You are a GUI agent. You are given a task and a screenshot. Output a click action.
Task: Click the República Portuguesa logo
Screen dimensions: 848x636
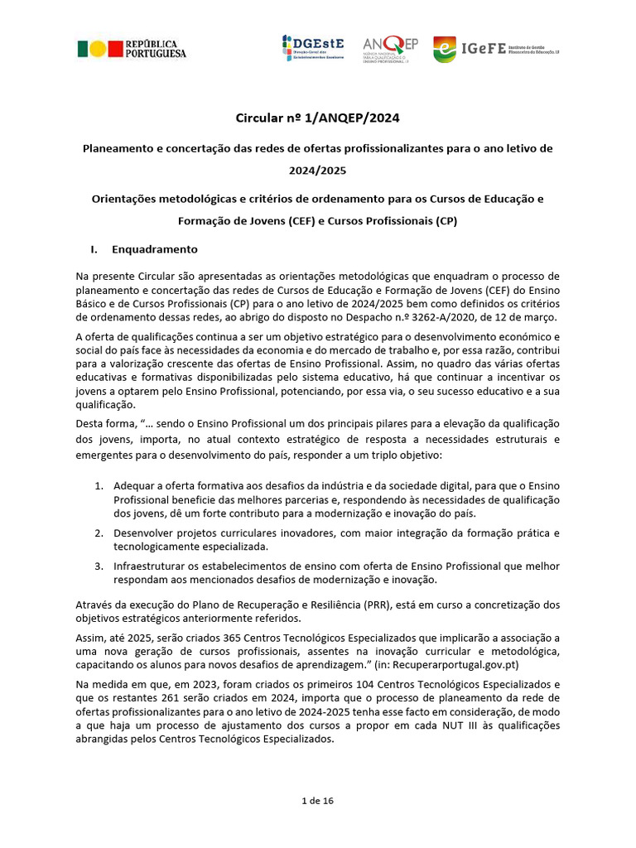(132, 49)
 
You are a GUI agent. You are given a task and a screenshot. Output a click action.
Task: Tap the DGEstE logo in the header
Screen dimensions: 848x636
(315, 50)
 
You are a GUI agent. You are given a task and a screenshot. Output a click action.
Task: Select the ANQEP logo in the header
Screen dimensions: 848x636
(390, 50)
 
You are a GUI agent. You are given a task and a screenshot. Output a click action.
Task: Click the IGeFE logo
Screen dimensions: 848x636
(496, 50)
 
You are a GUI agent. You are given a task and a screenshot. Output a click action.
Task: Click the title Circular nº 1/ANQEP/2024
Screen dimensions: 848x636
(318, 118)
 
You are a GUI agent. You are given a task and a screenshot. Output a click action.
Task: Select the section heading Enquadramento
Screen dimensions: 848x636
(155, 248)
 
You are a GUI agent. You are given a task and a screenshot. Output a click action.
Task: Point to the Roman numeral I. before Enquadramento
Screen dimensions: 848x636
(94, 248)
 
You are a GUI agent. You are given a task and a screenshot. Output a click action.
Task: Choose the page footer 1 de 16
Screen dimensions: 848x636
(318, 801)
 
